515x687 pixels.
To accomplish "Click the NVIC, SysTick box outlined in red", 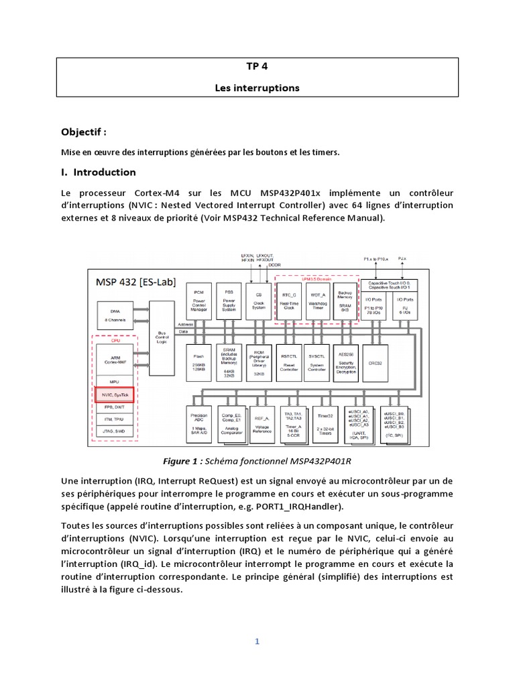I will pyautogui.click(x=114, y=395).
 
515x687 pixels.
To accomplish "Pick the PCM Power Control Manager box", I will pyautogui.click(x=198, y=300).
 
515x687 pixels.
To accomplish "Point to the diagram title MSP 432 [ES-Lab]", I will pyautogui.click(x=136, y=282).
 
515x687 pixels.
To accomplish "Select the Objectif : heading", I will pyautogui.click(x=84, y=131).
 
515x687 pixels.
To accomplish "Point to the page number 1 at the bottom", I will pyautogui.click(x=257, y=641).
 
